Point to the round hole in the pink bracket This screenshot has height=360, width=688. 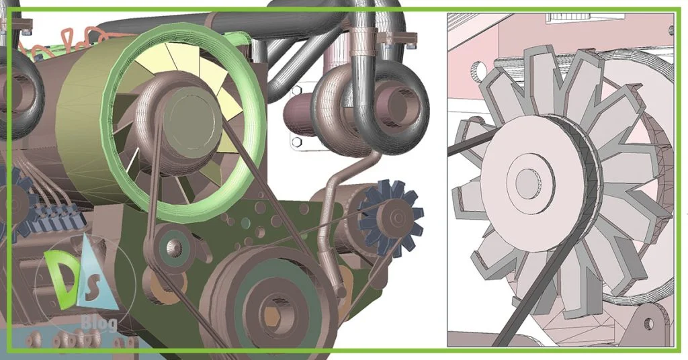click(478, 68)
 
